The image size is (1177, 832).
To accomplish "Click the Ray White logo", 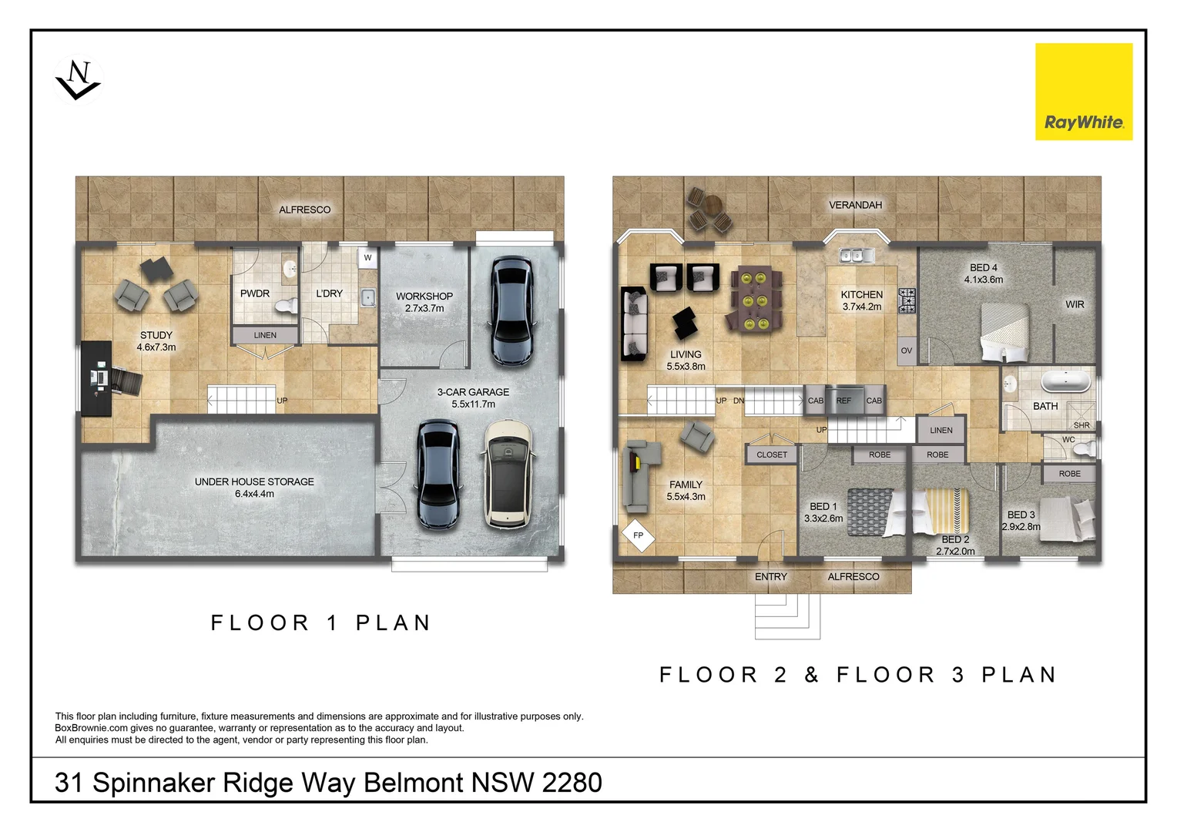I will tap(1083, 92).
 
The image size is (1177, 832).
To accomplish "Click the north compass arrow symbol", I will tap(78, 80).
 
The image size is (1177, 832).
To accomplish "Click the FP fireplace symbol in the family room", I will tap(638, 535).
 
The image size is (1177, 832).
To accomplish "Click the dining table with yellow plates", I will tap(754, 299).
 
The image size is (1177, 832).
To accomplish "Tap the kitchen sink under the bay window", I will tap(856, 254).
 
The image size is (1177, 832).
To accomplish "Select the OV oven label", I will tap(907, 351).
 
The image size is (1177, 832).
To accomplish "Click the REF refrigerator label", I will tap(843, 401).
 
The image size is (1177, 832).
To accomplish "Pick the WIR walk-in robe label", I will tap(1075, 305).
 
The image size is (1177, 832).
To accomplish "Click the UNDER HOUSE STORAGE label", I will tap(254, 482).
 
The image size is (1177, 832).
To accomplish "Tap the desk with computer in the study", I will tap(99, 378).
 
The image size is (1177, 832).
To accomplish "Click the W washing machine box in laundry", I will tap(367, 258).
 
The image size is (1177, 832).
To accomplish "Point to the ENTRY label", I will tap(771, 577).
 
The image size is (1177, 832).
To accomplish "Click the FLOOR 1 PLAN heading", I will tap(320, 622).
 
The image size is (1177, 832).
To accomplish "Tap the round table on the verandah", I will tap(713, 206).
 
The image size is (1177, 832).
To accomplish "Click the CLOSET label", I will tap(772, 455).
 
